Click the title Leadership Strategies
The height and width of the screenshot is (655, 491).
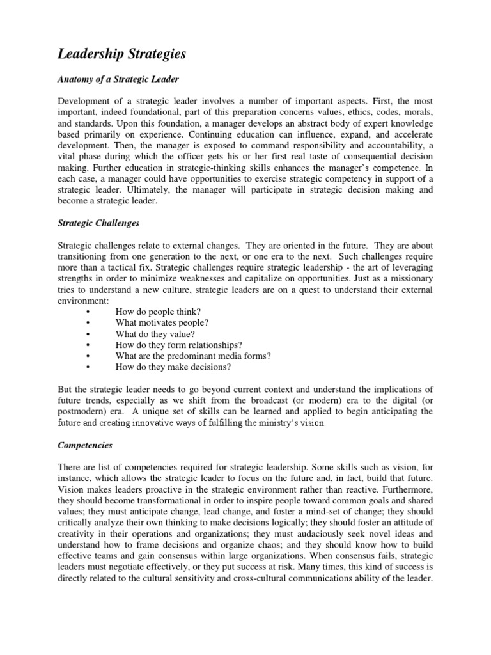tap(122, 54)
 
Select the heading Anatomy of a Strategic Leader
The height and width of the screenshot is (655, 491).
tap(118, 79)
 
